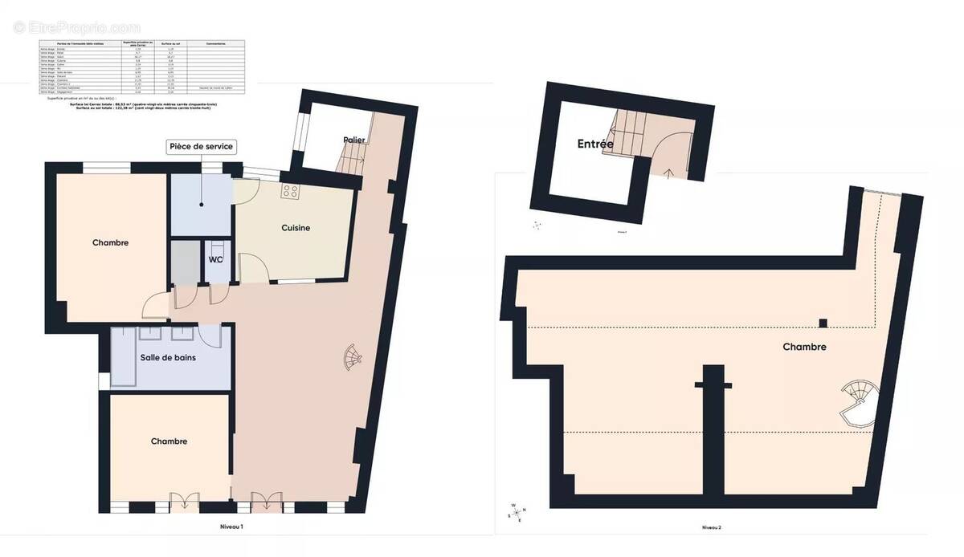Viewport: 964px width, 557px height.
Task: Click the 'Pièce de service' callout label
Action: point(201,147)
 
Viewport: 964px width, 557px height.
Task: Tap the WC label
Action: point(215,260)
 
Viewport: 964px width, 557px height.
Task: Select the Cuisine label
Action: point(296,228)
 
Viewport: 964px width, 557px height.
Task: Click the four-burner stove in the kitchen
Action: point(290,192)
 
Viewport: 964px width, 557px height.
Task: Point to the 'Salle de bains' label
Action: point(169,358)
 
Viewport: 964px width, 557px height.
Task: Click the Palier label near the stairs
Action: point(353,140)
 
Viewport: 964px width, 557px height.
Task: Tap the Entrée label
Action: point(595,144)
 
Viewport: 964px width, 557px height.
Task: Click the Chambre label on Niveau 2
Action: point(805,348)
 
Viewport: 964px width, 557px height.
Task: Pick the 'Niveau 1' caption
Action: point(231,527)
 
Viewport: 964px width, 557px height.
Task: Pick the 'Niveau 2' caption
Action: point(711,527)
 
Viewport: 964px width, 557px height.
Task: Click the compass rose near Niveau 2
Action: point(516,511)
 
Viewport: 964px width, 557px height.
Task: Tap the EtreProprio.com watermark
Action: point(76,28)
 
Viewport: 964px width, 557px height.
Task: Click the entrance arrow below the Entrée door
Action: point(670,170)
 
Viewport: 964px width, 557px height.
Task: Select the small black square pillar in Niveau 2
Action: point(823,323)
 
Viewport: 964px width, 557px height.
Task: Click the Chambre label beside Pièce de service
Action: point(110,242)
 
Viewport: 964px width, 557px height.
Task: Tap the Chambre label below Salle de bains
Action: point(169,441)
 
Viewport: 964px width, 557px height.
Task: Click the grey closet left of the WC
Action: point(185,262)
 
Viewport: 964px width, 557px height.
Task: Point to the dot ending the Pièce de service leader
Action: point(201,205)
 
